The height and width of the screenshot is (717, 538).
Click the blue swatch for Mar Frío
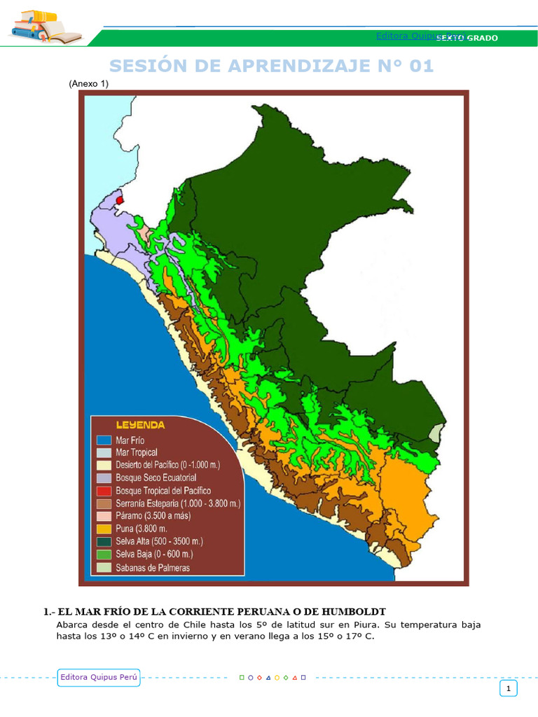(x=104, y=440)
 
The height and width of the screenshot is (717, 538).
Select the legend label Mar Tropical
(x=137, y=453)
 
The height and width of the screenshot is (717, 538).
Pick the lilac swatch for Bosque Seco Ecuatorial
(x=104, y=478)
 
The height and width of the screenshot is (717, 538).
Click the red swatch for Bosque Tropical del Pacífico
(x=104, y=491)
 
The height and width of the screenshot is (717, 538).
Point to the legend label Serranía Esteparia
(x=178, y=503)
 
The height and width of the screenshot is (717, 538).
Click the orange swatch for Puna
(x=104, y=529)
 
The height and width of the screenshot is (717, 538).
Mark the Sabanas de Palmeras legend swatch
(x=104, y=567)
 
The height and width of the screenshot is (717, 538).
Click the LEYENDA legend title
(x=140, y=425)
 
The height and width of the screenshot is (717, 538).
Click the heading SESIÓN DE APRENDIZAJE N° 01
(x=272, y=66)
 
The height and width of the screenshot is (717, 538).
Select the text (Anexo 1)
(x=88, y=84)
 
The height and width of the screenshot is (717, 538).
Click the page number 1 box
(x=508, y=689)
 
